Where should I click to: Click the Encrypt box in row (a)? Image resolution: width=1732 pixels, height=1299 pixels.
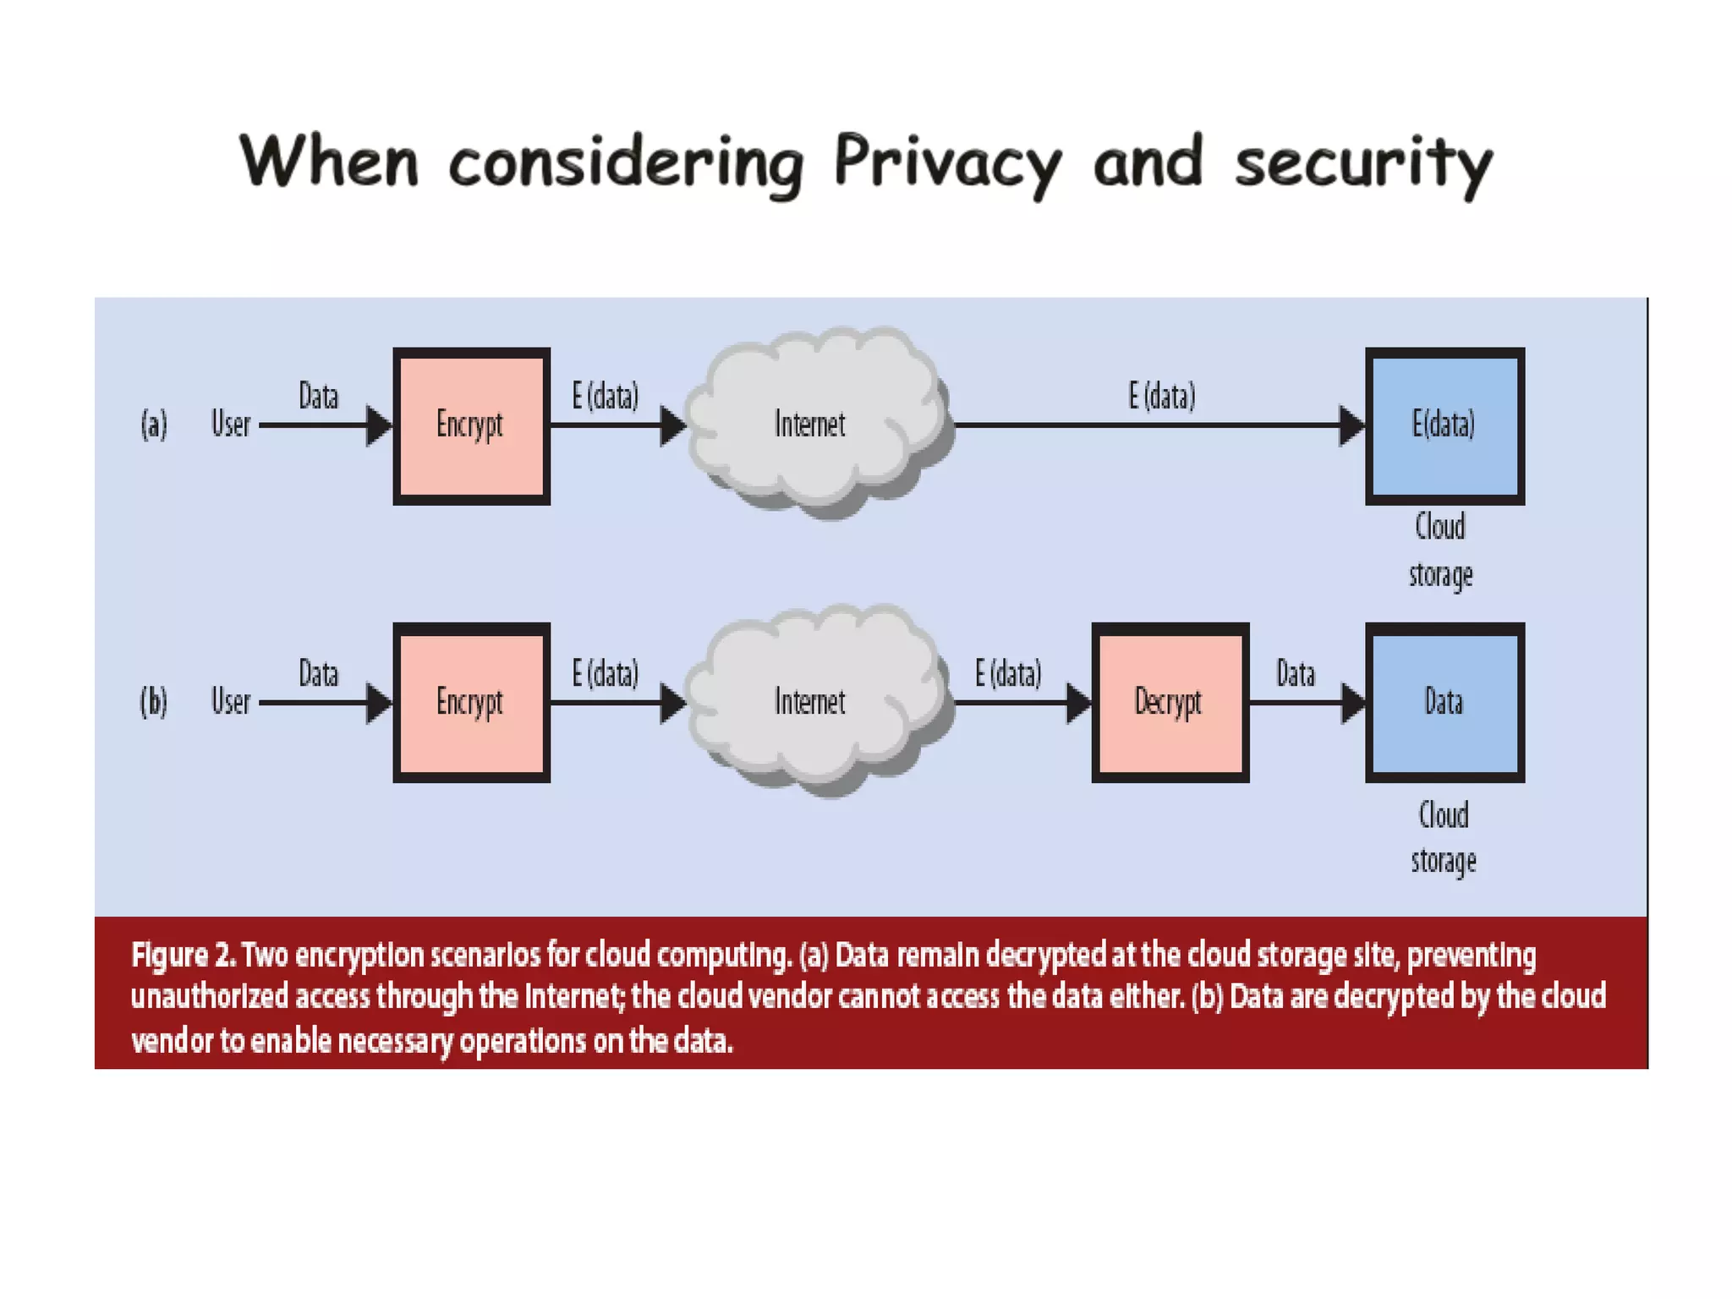pos(471,425)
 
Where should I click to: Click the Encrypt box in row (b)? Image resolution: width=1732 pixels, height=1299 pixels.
pos(471,702)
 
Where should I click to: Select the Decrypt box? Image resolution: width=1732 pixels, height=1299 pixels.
pos(1170,702)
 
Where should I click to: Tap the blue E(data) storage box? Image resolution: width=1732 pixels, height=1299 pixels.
pos(1444,425)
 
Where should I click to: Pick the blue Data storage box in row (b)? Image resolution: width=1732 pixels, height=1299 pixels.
pos(1444,702)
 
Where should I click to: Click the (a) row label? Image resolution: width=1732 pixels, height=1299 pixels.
pos(154,424)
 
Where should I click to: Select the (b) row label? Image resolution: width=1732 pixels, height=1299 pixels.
pos(154,702)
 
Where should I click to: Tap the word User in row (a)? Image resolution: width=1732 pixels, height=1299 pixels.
pos(231,424)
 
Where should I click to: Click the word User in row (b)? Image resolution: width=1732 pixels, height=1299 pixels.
pos(231,702)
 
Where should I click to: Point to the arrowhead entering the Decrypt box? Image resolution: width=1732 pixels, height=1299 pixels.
pos(1078,703)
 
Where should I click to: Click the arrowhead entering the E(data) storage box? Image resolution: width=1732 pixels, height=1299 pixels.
pos(1351,425)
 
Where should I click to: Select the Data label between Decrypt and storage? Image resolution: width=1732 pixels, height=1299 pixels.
pos(1296,674)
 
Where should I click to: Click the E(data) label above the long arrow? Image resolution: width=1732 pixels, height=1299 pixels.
pos(1162,396)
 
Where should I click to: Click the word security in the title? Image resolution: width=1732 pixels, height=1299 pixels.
pos(1363,162)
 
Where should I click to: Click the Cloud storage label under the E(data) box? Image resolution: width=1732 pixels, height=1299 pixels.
pos(1441,550)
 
